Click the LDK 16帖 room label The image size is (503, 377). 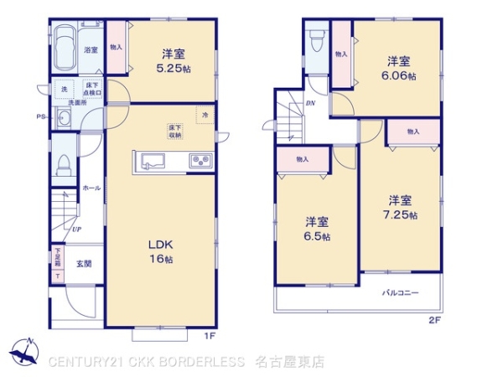point(161,251)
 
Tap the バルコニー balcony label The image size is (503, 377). point(401,293)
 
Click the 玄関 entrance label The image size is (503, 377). point(85,264)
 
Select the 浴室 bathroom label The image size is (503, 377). point(91,51)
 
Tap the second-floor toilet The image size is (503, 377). point(316,41)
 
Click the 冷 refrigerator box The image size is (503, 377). point(205,113)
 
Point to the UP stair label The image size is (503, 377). point(76,229)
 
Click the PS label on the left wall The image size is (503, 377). point(39,116)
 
